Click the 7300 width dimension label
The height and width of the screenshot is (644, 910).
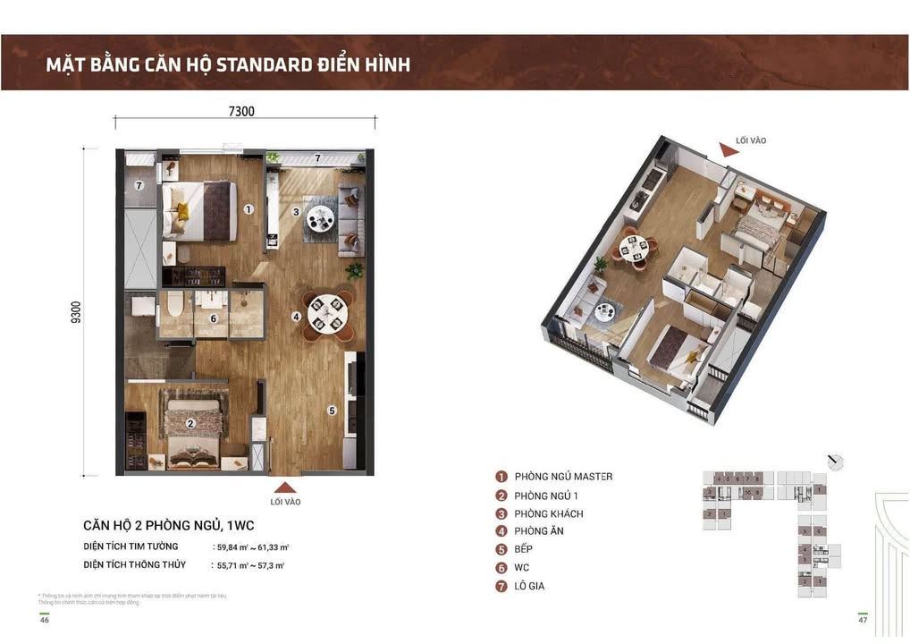[241, 112]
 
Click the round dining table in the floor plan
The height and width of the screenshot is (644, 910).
[323, 312]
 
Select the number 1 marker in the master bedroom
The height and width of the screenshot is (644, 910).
[249, 209]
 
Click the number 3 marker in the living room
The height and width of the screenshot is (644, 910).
[296, 212]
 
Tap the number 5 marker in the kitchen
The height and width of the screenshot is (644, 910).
[332, 411]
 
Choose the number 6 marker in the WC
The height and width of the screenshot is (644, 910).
[214, 318]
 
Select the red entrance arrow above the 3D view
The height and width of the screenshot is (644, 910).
[729, 152]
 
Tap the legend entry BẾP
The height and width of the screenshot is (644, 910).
[523, 549]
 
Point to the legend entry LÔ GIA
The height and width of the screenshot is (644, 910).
[529, 586]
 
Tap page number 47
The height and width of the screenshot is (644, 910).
[863, 619]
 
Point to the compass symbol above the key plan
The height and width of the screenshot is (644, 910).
[836, 462]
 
